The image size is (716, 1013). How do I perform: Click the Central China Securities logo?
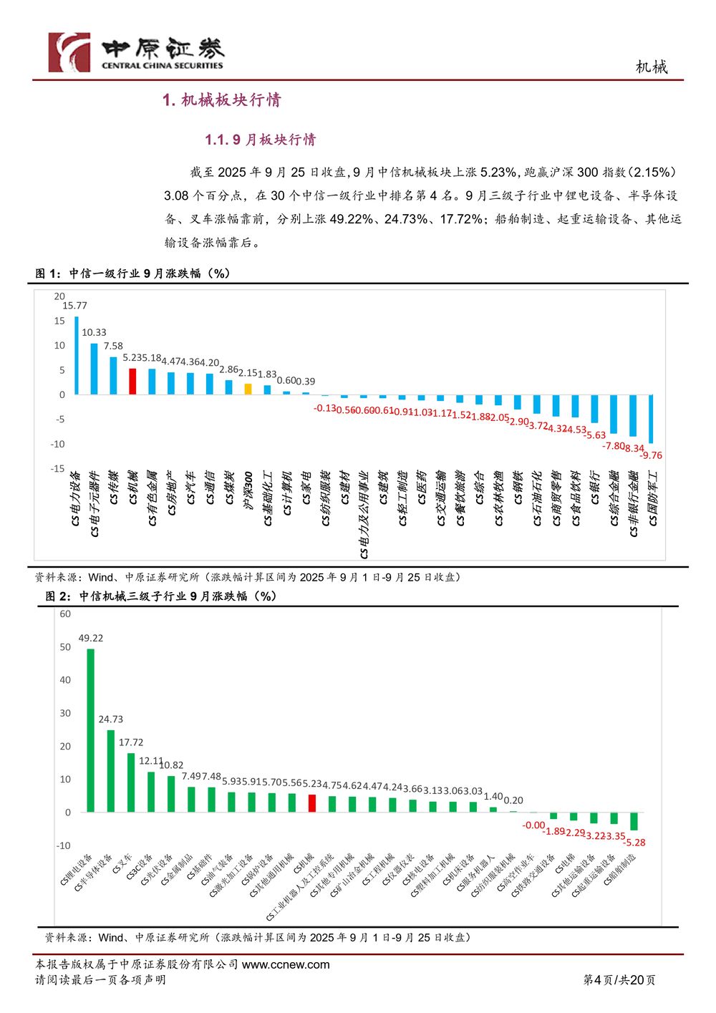tap(136, 52)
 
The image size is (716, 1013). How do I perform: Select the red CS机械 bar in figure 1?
tap(132, 381)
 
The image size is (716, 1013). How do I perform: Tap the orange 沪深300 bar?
tap(248, 389)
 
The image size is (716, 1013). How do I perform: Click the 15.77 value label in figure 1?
tap(74, 306)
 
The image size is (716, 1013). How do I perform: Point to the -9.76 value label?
tap(651, 455)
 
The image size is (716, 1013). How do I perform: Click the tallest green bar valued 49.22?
tap(90, 730)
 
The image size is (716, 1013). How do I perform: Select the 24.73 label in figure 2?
tap(111, 719)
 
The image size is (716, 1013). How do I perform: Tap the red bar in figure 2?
tap(312, 803)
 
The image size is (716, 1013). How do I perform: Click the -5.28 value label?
tap(634, 843)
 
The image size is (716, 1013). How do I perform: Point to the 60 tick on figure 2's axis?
tap(65, 614)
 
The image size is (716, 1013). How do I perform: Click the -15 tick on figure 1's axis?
tap(57, 469)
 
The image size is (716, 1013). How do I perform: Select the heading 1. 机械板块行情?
tap(221, 100)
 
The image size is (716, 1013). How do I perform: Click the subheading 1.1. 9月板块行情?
tap(260, 140)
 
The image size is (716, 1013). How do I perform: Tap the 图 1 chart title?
tap(133, 273)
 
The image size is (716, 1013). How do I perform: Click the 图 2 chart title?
tap(161, 596)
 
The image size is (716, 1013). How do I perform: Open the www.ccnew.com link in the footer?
tap(286, 964)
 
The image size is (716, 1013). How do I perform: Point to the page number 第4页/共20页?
tap(619, 980)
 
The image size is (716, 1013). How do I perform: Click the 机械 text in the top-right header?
tap(652, 67)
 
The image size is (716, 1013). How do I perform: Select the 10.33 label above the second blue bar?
tap(94, 333)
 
